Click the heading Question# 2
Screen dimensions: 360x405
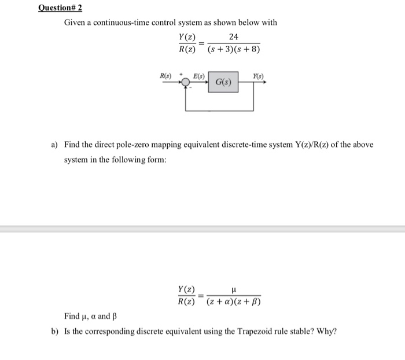coord(60,8)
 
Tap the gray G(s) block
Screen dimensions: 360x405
coord(224,83)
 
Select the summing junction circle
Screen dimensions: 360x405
coord(186,82)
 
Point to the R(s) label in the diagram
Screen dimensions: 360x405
coord(166,75)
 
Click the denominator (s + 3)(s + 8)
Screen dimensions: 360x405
coord(234,50)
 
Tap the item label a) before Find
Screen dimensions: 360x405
coord(55,144)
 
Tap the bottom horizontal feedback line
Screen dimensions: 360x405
coord(220,110)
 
